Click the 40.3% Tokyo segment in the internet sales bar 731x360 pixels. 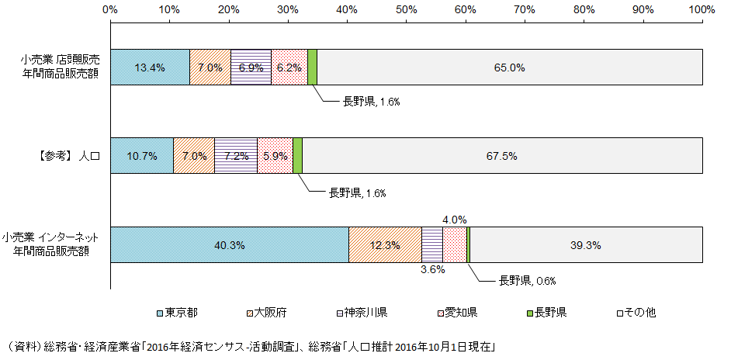click(x=230, y=245)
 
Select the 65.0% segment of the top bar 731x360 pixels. click(x=510, y=67)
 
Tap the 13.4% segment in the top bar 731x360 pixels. click(x=150, y=67)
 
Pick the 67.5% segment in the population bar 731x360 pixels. click(x=502, y=156)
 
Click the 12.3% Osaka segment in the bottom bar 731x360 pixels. click(x=385, y=245)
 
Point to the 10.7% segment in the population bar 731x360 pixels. click(x=142, y=156)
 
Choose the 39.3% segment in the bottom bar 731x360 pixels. click(x=587, y=245)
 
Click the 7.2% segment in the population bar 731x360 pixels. click(x=236, y=156)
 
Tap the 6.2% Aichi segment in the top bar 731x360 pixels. click(x=289, y=67)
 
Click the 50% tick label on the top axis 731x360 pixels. click(x=406, y=9)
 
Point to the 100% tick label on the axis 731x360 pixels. click(x=701, y=9)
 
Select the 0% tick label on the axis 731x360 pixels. click(x=110, y=9)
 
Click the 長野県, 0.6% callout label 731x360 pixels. click(x=527, y=280)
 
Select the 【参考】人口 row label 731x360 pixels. click(x=68, y=156)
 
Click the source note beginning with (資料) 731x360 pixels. click(x=248, y=345)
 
